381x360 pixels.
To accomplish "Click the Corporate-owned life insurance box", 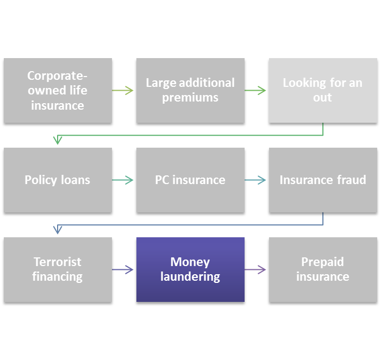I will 58,90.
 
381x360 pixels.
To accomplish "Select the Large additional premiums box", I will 190,90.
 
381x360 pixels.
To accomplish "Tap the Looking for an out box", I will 323,90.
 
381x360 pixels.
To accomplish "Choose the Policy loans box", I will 58,180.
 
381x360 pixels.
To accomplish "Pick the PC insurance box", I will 190,180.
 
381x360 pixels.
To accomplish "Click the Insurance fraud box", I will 323,180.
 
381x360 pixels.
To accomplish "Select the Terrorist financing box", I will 58,269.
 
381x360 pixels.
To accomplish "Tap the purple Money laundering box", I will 190,269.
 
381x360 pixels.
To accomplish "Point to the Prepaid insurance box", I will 323,269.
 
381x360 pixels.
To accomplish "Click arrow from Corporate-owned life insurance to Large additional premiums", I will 123,91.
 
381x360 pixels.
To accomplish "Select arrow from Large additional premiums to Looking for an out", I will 256,91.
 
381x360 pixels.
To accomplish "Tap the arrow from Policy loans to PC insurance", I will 123,180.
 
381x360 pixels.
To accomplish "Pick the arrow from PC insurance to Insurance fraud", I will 256,180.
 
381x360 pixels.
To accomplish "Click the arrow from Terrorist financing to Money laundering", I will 123,269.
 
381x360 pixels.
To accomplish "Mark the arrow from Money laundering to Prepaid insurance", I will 256,269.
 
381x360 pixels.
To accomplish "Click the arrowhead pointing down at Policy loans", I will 58,141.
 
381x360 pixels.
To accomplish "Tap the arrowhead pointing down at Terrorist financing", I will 58,230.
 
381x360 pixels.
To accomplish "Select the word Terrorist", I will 58,262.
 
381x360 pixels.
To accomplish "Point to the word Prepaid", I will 323,262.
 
